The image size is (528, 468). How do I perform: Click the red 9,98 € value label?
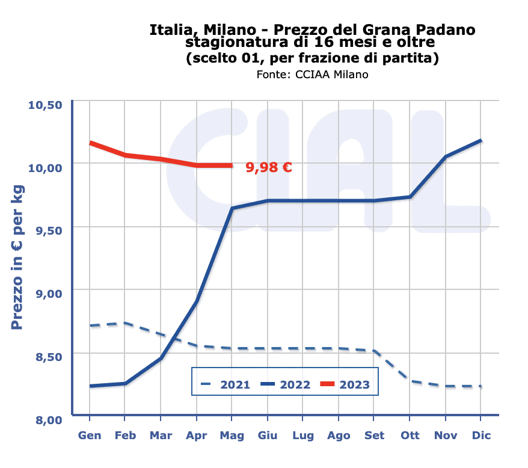tap(269, 167)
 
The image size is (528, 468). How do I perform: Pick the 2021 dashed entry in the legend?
tap(225, 384)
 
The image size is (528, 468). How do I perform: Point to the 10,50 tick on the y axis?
tap(45, 105)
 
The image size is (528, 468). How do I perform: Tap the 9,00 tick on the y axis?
tap(46, 293)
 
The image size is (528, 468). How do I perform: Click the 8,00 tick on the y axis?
tap(46, 419)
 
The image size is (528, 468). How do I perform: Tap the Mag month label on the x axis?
tap(232, 436)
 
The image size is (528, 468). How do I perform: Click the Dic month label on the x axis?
tap(480, 436)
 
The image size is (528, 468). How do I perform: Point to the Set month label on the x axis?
tap(373, 436)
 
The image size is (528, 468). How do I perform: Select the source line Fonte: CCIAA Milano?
tap(312, 75)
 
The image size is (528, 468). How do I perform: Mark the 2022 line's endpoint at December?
tap(480, 141)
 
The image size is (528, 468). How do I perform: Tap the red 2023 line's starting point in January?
tap(90, 143)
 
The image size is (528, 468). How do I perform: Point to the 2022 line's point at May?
tap(232, 208)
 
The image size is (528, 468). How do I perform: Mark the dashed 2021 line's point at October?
tap(410, 380)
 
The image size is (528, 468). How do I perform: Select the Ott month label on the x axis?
tap(410, 436)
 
